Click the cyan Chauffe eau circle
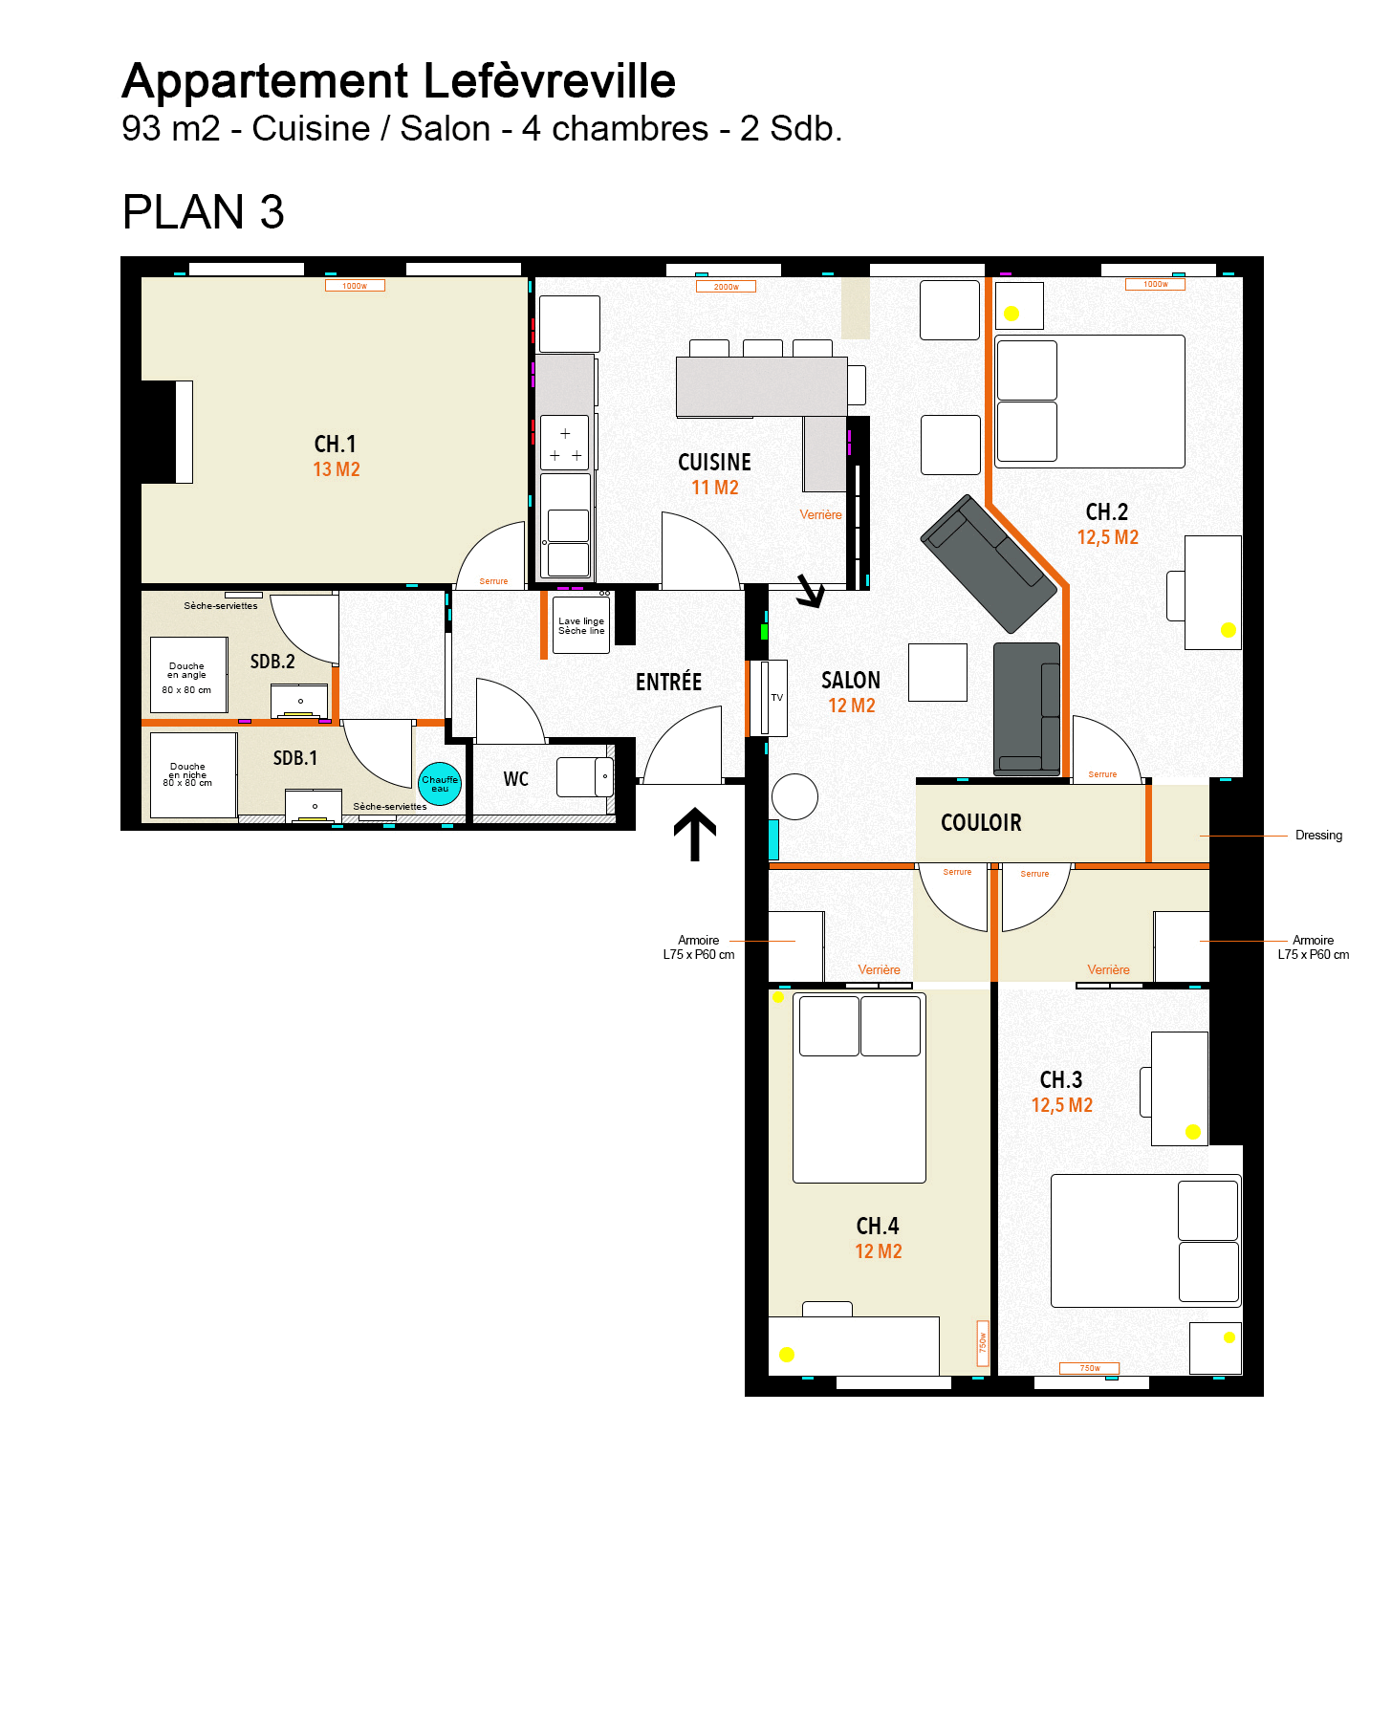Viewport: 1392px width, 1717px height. click(x=440, y=784)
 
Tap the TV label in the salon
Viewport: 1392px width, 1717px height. click(x=777, y=698)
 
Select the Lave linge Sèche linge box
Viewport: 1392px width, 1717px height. click(x=581, y=626)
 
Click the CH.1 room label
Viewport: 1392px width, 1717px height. click(x=336, y=445)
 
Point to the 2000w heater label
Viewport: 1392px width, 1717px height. click(x=727, y=287)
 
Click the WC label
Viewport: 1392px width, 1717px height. click(x=516, y=779)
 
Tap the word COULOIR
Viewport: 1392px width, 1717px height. click(x=981, y=823)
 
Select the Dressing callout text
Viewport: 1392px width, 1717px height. click(x=1318, y=836)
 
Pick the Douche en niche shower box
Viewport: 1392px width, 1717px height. click(x=193, y=774)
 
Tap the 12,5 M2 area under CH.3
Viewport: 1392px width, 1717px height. click(x=1061, y=1105)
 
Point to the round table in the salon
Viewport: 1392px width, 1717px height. click(x=794, y=796)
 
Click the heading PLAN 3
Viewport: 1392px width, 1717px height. click(x=204, y=211)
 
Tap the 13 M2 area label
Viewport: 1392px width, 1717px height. click(x=337, y=469)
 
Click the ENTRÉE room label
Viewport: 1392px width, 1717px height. click(x=668, y=682)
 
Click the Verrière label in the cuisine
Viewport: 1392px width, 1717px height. click(x=820, y=514)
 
